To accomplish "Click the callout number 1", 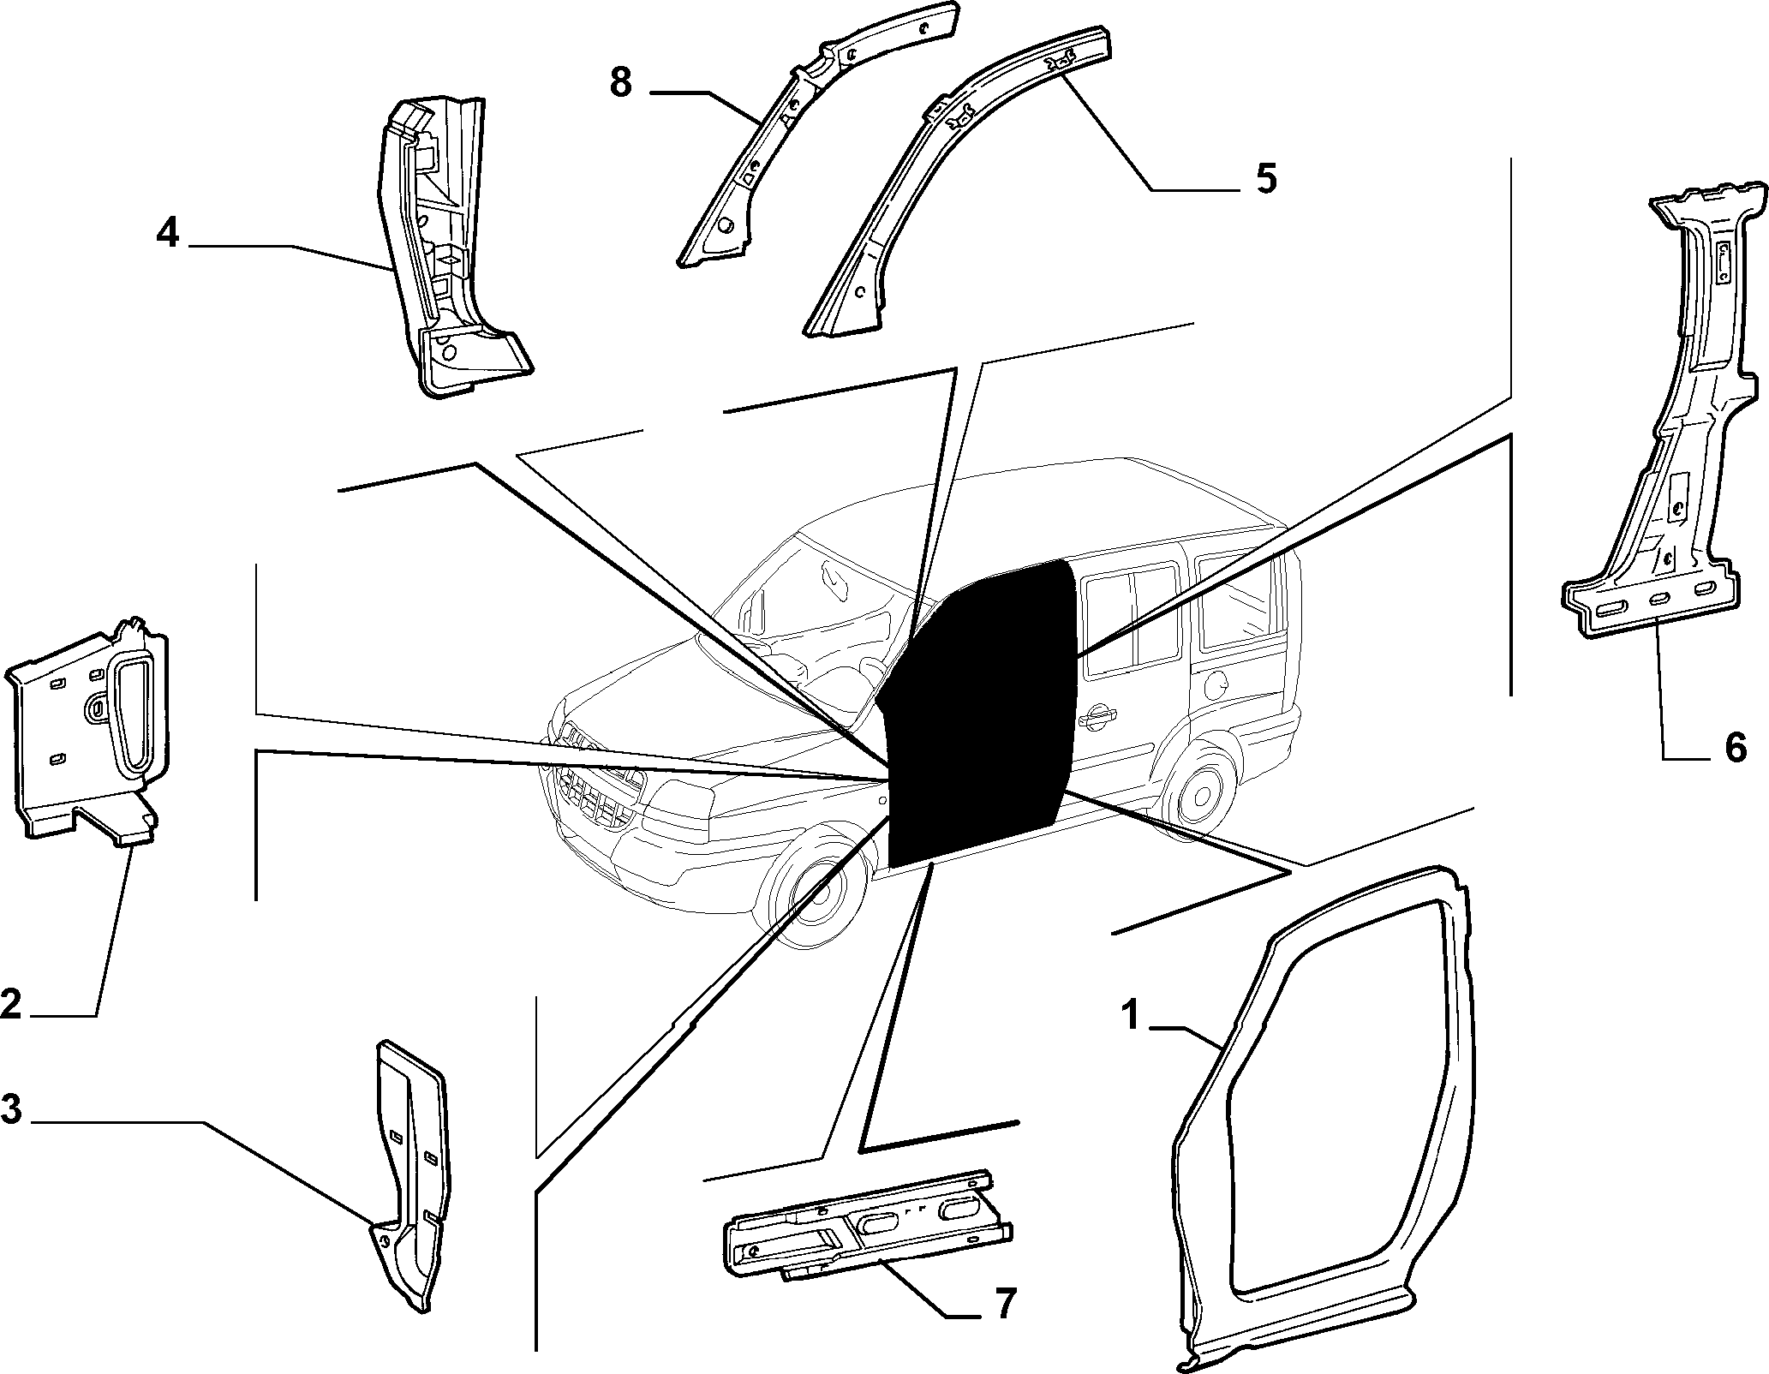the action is pyautogui.click(x=1132, y=1017).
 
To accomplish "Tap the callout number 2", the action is pyautogui.click(x=12, y=1003).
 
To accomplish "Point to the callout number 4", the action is pyautogui.click(x=168, y=232).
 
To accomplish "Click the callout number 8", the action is pyautogui.click(x=620, y=83).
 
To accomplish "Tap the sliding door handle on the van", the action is pyautogui.click(x=1098, y=718).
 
